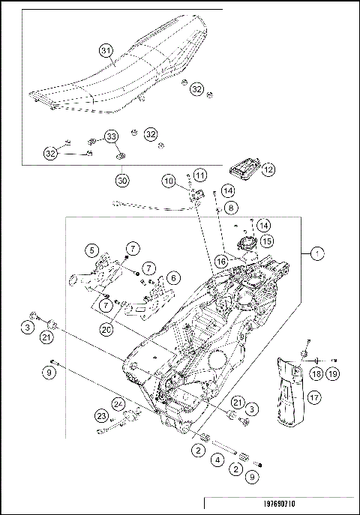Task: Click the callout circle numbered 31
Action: point(106,51)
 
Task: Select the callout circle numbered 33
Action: point(111,136)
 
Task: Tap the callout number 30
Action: point(122,180)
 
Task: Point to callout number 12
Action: point(267,169)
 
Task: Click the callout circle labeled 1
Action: point(319,254)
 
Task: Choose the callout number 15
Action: point(266,241)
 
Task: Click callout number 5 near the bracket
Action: point(91,250)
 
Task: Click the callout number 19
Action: point(331,373)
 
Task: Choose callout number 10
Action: point(169,181)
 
